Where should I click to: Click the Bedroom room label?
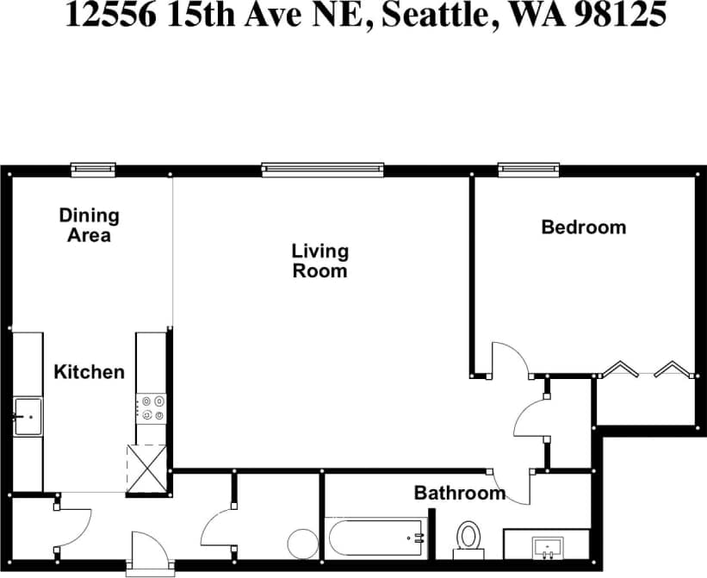pyautogui.click(x=583, y=227)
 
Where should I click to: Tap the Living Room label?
pyautogui.click(x=319, y=260)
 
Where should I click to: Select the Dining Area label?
pyautogui.click(x=89, y=225)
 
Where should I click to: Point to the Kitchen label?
pyautogui.click(x=89, y=372)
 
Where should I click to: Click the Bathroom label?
pyautogui.click(x=459, y=494)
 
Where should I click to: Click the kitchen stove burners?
pyautogui.click(x=152, y=408)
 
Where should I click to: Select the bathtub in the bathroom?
pyautogui.click(x=375, y=538)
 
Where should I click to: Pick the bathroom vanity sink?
pyautogui.click(x=547, y=546)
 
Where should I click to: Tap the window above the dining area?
pyautogui.click(x=93, y=170)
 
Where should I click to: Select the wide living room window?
pyautogui.click(x=322, y=170)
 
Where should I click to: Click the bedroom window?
pyautogui.click(x=529, y=170)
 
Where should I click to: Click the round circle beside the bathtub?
pyautogui.click(x=303, y=544)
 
